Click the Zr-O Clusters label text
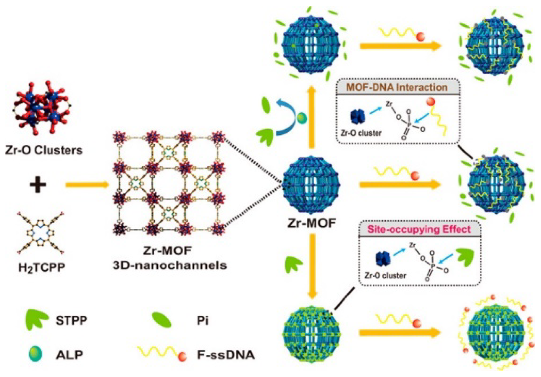coord(44,150)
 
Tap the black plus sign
coord(38,185)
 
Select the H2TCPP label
coord(42,268)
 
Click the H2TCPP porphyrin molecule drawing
coord(41,233)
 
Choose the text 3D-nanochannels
coord(169,265)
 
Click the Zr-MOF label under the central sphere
coord(312,223)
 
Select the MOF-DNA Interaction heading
coord(397,87)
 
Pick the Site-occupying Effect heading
coord(419,229)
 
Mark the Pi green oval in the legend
coord(162,320)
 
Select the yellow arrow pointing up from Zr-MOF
coord(311,117)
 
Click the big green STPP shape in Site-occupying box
coord(465,257)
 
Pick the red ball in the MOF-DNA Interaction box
coord(431,102)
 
